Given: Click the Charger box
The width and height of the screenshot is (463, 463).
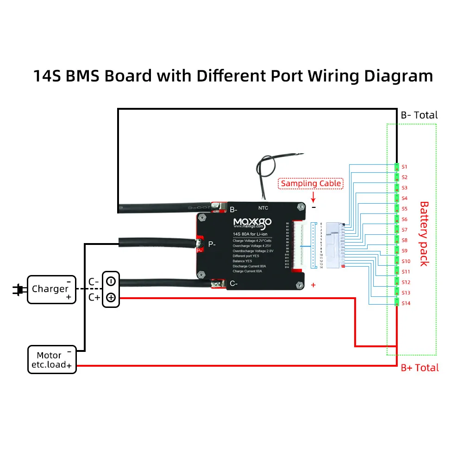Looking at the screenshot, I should pos(51,289).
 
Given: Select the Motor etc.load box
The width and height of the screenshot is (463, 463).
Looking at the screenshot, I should pos(51,360).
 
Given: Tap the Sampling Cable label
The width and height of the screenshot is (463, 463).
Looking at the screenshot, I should pos(312,183).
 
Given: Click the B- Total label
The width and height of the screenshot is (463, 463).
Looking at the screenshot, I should pos(419,115).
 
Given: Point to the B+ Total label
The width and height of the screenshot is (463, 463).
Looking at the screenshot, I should pos(419,368).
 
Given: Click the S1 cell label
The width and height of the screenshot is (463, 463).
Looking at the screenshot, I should pos(404,166).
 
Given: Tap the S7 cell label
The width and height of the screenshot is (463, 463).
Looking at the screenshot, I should pos(404,230).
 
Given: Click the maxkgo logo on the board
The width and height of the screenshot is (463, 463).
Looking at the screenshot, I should pos(252,223).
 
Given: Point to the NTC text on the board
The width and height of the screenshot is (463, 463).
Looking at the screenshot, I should pos(264,208).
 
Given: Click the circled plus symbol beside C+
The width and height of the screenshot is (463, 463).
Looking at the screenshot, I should pos(111,298).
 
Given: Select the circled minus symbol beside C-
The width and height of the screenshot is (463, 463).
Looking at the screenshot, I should pos(111,281).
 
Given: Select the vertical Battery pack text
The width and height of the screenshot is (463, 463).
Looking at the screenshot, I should pos(424,233).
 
